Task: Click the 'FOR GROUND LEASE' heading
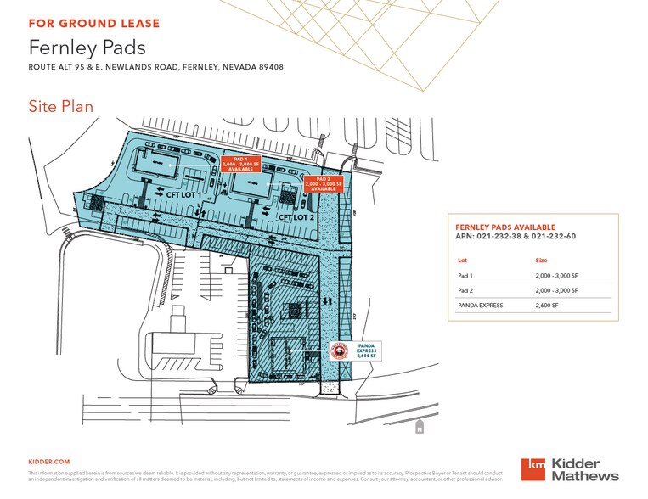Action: pos(93,23)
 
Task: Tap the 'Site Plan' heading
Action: pos(60,106)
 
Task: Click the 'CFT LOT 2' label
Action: pos(298,216)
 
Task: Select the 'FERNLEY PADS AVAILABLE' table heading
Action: pos(505,227)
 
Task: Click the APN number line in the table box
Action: pos(516,237)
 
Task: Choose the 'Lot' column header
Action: pos(463,261)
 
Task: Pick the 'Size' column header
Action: pos(542,261)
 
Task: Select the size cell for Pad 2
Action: pos(556,290)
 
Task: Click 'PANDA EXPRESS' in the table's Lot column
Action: pos(482,304)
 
